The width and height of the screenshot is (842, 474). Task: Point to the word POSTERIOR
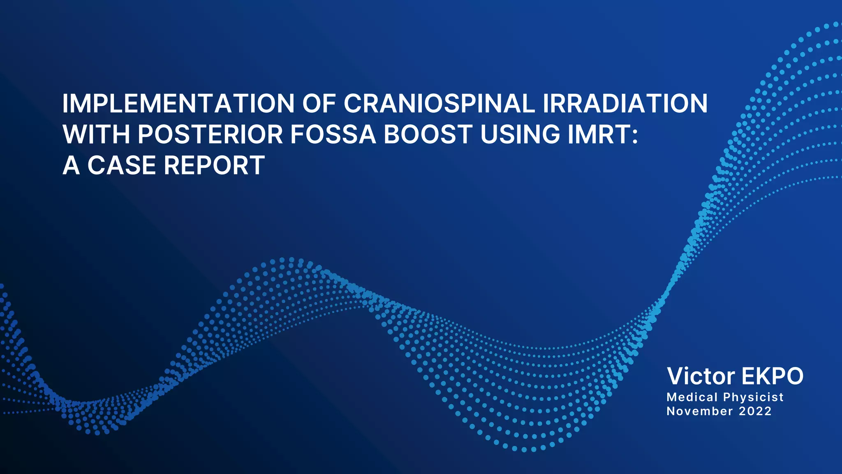pyautogui.click(x=210, y=135)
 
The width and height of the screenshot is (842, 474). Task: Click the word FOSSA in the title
pyautogui.click(x=333, y=135)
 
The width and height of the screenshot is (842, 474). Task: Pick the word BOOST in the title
pyautogui.click(x=428, y=135)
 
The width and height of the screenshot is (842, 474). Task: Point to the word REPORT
pyautogui.click(x=214, y=165)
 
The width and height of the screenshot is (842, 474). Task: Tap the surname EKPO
pyautogui.click(x=773, y=376)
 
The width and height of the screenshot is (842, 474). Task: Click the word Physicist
pyautogui.click(x=754, y=397)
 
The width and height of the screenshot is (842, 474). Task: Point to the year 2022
pyautogui.click(x=755, y=411)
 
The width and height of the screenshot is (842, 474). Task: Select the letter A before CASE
pyautogui.click(x=71, y=165)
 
